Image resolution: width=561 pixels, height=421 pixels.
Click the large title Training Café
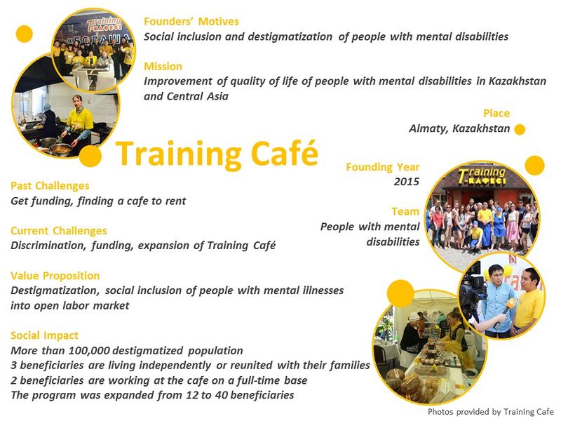(217, 154)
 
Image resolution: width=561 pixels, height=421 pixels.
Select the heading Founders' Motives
(191, 22)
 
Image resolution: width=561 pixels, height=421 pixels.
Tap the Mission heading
(163, 66)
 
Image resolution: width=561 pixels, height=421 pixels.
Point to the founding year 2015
(407, 182)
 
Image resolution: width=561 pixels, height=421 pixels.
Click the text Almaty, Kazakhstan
(459, 128)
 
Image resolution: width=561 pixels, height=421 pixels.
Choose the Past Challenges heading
(50, 186)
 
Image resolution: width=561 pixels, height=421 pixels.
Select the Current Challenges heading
(59, 231)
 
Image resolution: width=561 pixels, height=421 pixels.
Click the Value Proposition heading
(55, 276)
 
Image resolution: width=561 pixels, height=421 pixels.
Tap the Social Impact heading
(44, 335)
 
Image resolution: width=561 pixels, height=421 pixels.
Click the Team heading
(405, 212)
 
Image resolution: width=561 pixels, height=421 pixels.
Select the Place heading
(496, 114)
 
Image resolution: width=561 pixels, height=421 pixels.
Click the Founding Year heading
(383, 167)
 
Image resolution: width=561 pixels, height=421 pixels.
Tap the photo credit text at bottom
(490, 412)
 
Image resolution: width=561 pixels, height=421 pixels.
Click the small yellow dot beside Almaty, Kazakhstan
(520, 129)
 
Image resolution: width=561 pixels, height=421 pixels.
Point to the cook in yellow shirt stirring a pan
(77, 121)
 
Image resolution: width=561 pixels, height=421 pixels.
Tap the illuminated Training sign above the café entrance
(482, 177)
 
